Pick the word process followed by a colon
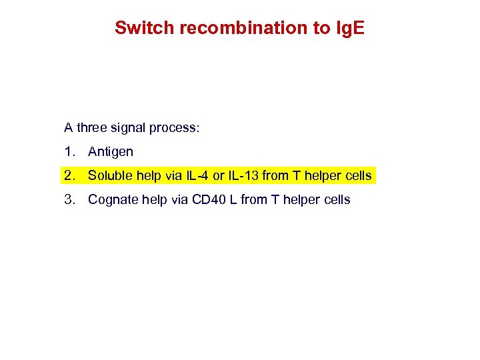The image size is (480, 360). pos(175,127)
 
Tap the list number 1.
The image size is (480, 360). pos(69,151)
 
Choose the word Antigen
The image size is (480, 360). pos(111,152)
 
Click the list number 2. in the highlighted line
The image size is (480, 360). pos(69,176)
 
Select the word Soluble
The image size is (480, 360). pos(109,176)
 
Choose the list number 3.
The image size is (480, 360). pos(69,199)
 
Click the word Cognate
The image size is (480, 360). pos(111,199)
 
